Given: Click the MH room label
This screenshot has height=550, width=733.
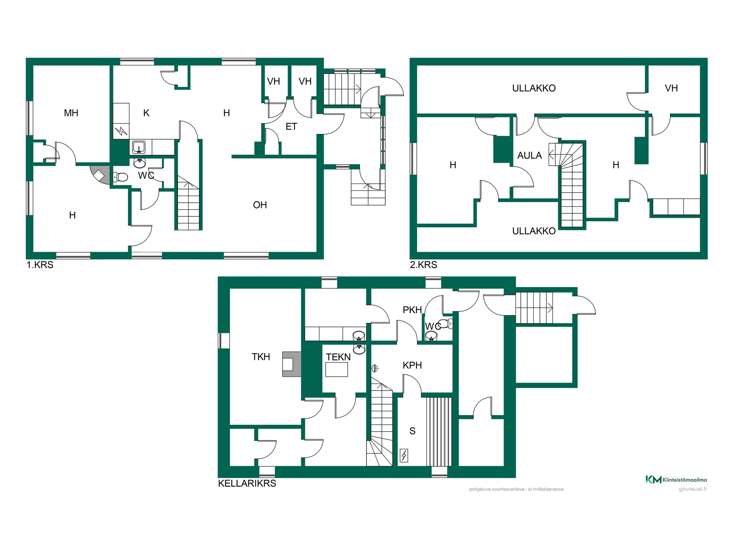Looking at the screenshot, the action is click(x=71, y=113).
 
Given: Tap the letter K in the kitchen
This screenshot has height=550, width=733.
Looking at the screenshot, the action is click(x=146, y=113).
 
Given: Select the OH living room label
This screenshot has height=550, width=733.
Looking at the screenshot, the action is click(x=260, y=205).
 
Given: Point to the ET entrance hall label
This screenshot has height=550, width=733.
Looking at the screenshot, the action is click(x=291, y=127).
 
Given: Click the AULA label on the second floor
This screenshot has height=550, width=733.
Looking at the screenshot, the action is click(x=530, y=155).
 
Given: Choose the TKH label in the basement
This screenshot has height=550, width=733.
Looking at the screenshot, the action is click(x=261, y=357).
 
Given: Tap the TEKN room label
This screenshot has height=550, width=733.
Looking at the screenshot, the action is click(x=338, y=357).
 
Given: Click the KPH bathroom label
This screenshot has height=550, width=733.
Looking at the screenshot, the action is click(x=412, y=366).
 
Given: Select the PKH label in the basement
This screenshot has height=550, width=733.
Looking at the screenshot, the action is click(x=412, y=310).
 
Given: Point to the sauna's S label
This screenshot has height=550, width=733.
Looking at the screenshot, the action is click(x=412, y=431).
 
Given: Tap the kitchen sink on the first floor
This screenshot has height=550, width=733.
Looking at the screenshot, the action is click(x=139, y=147).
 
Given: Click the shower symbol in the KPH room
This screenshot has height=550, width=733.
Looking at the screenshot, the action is click(x=375, y=369).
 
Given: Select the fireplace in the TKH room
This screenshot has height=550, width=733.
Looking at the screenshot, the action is click(x=291, y=364).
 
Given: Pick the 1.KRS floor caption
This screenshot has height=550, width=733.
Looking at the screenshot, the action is click(x=40, y=265).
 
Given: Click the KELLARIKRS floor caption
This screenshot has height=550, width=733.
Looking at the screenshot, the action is click(x=247, y=484).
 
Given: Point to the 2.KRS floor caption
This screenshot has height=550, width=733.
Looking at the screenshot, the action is click(x=423, y=265).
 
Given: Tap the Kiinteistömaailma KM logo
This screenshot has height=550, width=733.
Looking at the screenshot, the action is click(x=676, y=480).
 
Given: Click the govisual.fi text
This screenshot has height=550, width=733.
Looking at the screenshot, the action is click(x=693, y=489).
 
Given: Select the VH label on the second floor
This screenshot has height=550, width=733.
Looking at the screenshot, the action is click(x=672, y=88).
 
